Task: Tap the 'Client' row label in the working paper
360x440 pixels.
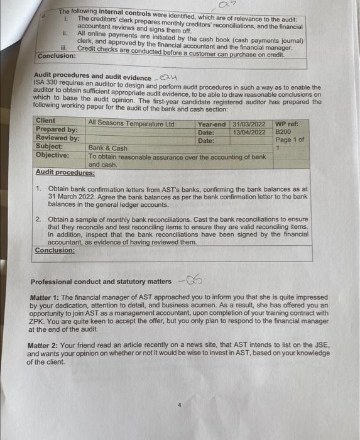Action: (x=46, y=120)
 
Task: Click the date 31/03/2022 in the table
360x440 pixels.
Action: (x=249, y=124)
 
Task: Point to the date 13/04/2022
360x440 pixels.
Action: (x=249, y=132)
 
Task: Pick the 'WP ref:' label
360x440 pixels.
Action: (x=287, y=124)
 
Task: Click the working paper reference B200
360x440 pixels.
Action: (x=284, y=133)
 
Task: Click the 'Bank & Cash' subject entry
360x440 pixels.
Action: (x=107, y=148)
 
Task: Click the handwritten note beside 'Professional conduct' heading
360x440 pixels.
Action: (x=188, y=280)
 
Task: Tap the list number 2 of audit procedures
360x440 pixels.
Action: (x=38, y=219)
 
